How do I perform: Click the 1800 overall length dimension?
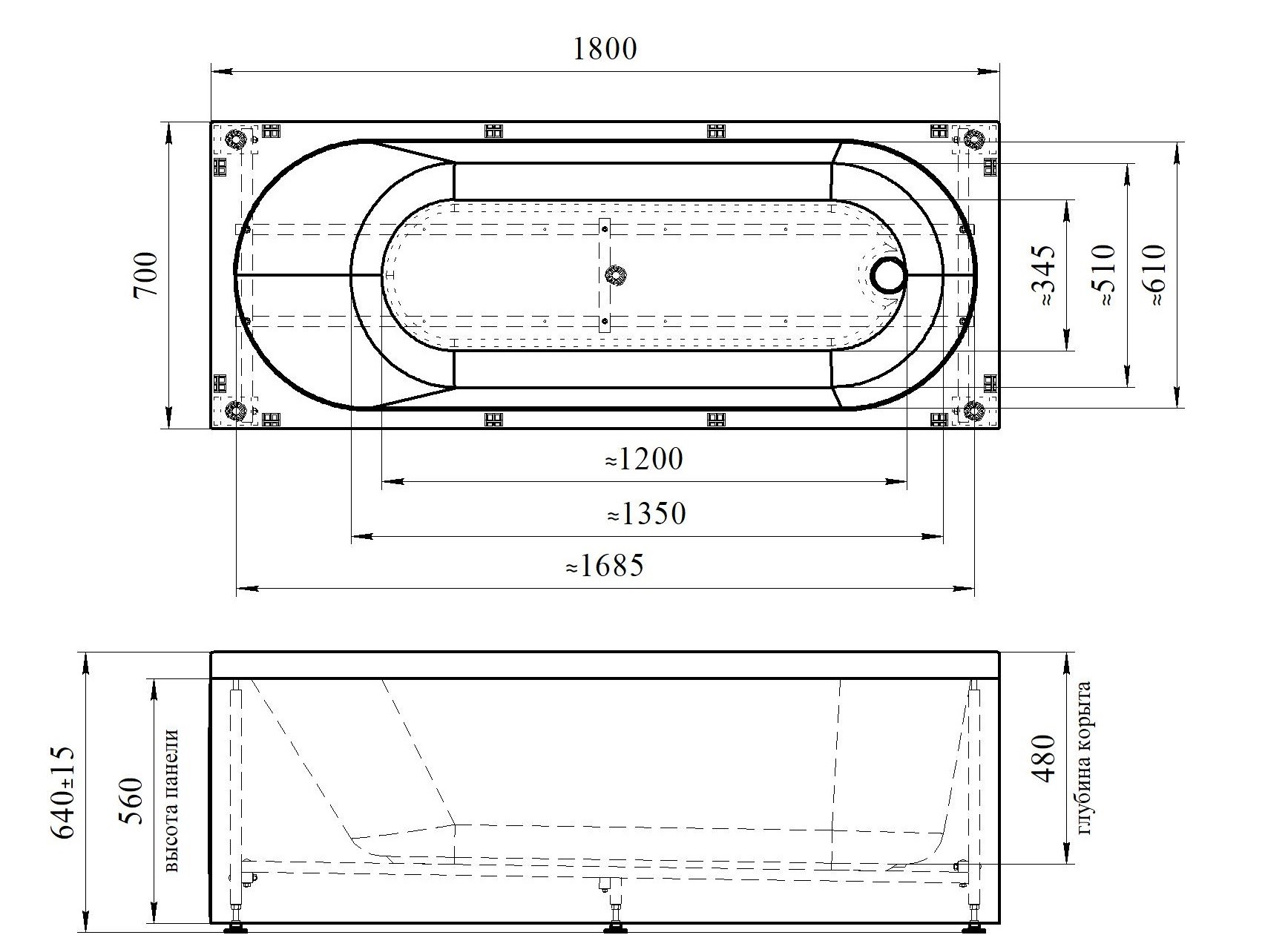[x=605, y=49]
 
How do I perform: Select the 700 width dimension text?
[x=146, y=274]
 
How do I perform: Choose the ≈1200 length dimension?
[x=643, y=460]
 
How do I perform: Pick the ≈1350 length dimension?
[x=646, y=513]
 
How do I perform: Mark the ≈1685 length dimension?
[x=604, y=566]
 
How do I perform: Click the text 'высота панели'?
[x=171, y=800]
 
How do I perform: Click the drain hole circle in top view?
[x=889, y=275]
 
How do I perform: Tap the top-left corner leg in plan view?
[x=236, y=139]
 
